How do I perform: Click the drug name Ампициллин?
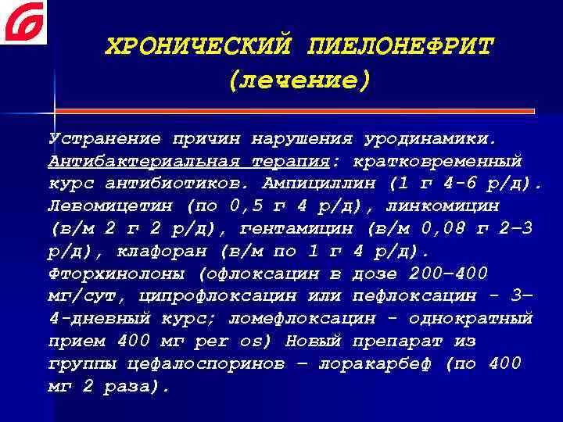coord(317,185)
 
